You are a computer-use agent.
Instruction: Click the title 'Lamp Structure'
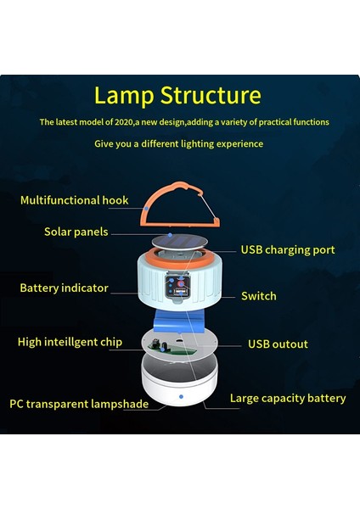pos(177,94)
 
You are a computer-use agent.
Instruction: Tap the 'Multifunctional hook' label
pos(75,200)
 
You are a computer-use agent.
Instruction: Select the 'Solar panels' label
pos(76,232)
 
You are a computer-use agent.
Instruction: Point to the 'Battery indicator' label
pos(64,288)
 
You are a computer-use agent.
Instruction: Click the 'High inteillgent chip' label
pos(70,342)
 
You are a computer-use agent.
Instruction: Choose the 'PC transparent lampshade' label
pos(79,404)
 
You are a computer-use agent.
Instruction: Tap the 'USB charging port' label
pos(287,249)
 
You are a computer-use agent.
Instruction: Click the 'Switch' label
pos(258,296)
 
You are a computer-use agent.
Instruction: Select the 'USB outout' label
pos(278,344)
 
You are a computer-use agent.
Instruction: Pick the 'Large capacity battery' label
pos(288,398)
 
